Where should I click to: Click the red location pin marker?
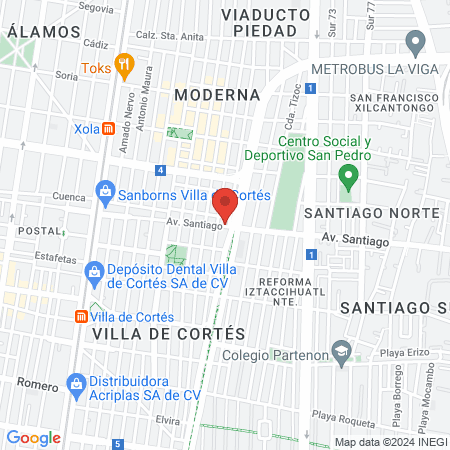click(x=225, y=203)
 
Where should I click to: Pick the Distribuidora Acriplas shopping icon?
click(x=75, y=383)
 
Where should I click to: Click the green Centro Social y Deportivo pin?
click(x=348, y=177)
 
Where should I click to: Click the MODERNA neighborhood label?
click(x=217, y=94)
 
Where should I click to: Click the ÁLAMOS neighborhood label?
click(x=43, y=31)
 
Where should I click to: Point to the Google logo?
click(x=34, y=437)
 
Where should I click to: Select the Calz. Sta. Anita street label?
click(x=170, y=36)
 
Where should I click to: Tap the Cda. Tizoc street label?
click(x=292, y=119)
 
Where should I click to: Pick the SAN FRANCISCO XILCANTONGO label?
click(x=393, y=104)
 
